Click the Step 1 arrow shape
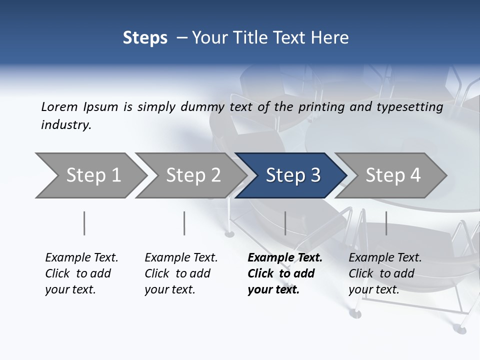click(x=90, y=175)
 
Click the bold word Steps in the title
click(x=145, y=38)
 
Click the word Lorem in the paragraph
click(x=58, y=106)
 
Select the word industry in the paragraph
click(x=65, y=125)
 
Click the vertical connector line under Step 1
click(x=84, y=223)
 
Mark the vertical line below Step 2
click(x=184, y=223)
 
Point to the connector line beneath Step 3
click(x=285, y=223)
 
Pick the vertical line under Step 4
click(x=386, y=223)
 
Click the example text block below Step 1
click(x=81, y=273)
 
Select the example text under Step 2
click(x=181, y=273)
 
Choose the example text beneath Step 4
click(x=385, y=273)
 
